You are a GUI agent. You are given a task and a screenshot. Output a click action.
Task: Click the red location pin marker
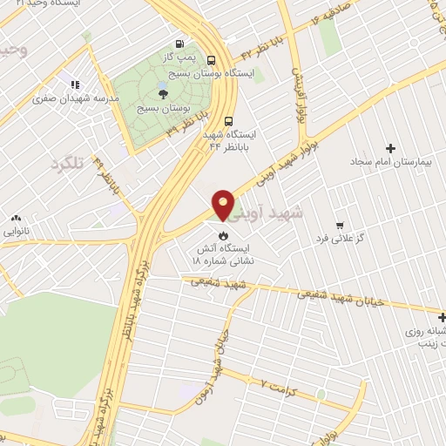223,204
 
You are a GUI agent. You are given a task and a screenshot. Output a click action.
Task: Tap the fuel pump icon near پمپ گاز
179,44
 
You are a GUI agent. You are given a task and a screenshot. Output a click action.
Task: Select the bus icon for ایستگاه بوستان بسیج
212,59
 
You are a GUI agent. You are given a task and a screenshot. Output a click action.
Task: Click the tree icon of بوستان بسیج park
163,94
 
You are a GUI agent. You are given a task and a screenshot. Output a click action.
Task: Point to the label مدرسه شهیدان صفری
75,98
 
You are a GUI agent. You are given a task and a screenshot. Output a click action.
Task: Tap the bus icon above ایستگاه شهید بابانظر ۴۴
228,121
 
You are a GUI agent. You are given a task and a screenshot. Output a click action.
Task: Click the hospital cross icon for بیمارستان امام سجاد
390,148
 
